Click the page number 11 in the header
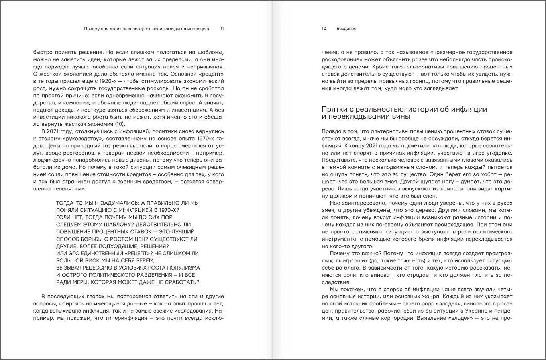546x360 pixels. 222,29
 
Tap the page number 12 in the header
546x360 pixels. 324,29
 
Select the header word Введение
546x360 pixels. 346,29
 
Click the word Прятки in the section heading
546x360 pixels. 334,109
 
